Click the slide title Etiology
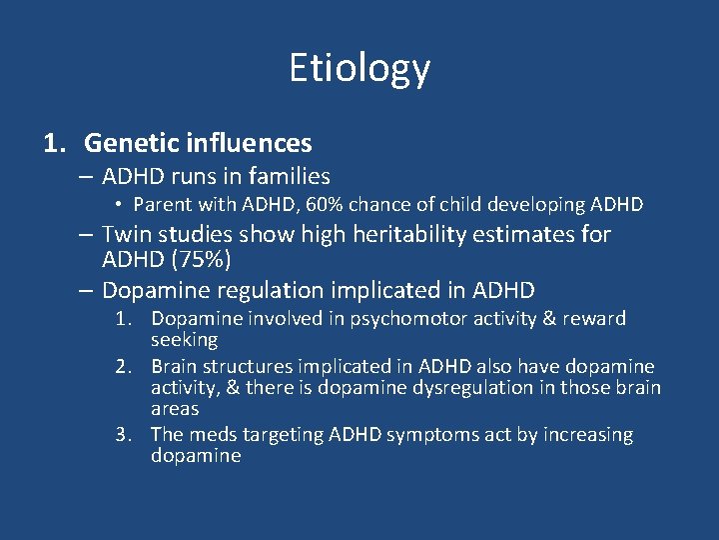point(359,68)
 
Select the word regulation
point(259,291)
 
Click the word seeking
point(184,340)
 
